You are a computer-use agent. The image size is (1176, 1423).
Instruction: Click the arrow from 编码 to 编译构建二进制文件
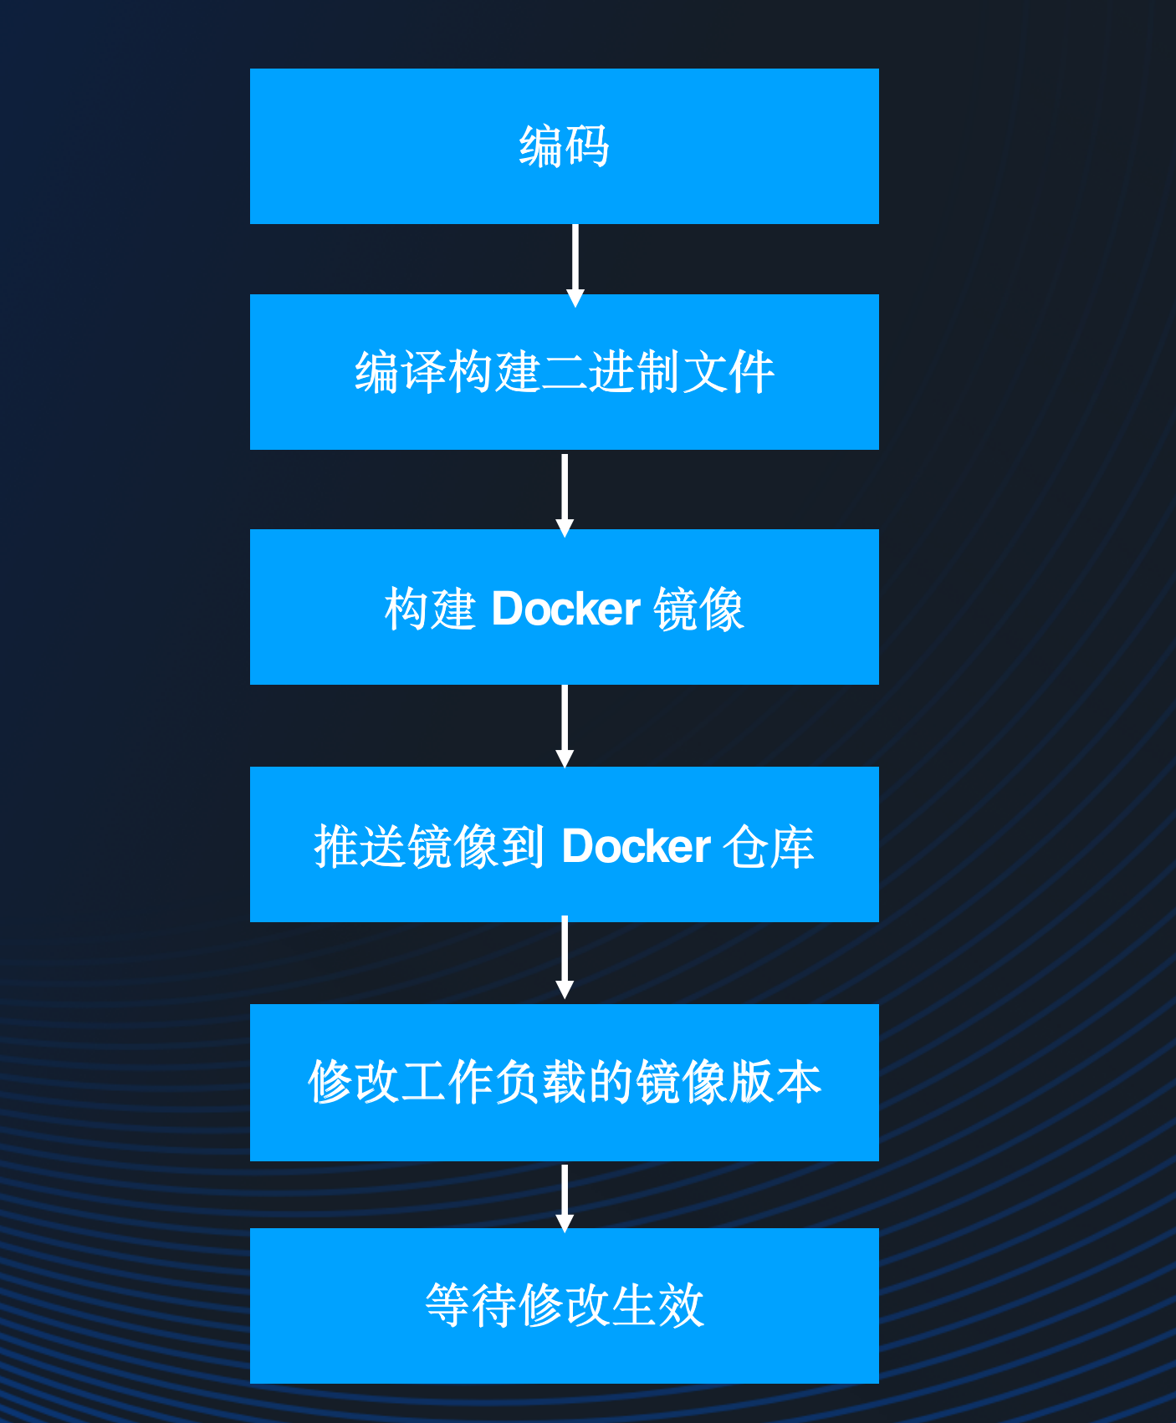[x=575, y=261]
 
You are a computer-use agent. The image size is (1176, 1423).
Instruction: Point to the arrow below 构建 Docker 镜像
[x=565, y=724]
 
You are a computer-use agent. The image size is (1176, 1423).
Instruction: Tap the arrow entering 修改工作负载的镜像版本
[x=565, y=958]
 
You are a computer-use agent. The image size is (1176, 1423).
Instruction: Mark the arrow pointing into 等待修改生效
[x=565, y=1196]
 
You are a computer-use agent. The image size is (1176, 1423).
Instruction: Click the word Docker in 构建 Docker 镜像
[x=565, y=609]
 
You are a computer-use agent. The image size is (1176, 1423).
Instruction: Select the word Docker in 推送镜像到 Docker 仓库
[x=636, y=846]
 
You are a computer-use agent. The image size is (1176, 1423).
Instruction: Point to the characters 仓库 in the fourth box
[x=769, y=846]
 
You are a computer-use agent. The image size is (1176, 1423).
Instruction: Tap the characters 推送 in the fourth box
[x=360, y=846]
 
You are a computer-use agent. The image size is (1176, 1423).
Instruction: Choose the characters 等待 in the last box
[x=471, y=1305]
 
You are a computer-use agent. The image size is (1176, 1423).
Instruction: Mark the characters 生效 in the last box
[x=658, y=1305]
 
